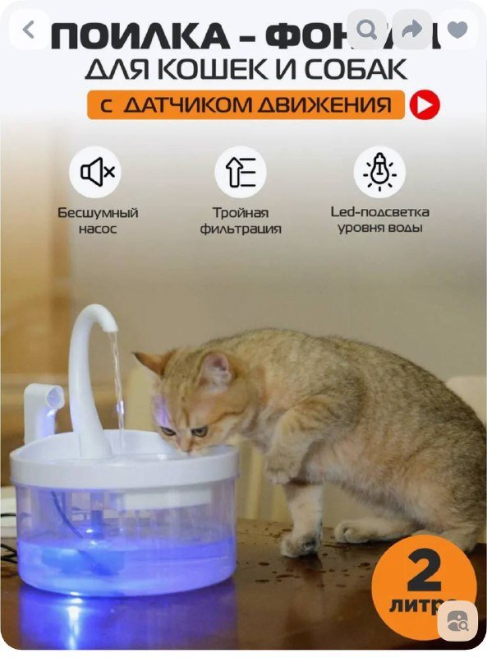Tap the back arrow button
(30, 30)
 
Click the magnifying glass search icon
(367, 30)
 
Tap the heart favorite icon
(457, 30)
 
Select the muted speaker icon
(98, 172)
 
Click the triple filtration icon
(241, 172)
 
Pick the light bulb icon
(379, 172)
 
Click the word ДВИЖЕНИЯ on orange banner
(333, 106)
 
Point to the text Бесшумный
(98, 212)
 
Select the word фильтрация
(241, 229)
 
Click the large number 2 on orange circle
(424, 571)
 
